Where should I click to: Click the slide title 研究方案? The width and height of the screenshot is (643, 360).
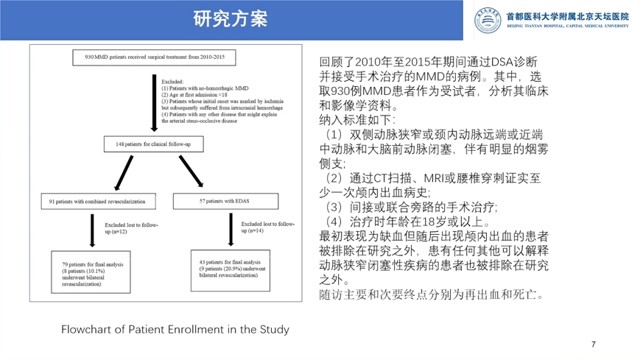(230, 18)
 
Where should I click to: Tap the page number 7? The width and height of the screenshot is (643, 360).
(594, 345)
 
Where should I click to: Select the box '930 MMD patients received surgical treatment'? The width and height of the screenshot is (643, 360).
(155, 57)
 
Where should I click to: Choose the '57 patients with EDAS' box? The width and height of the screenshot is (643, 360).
(225, 200)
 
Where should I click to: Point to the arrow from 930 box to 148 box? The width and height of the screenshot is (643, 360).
(153, 100)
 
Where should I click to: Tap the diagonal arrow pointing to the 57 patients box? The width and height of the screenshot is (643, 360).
(191, 171)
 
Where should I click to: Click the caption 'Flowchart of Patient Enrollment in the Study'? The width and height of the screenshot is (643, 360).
(175, 329)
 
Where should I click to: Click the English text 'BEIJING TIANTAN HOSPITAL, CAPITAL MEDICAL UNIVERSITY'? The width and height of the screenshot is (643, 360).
(568, 26)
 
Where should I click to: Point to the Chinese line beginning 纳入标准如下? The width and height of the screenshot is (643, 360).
(358, 119)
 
